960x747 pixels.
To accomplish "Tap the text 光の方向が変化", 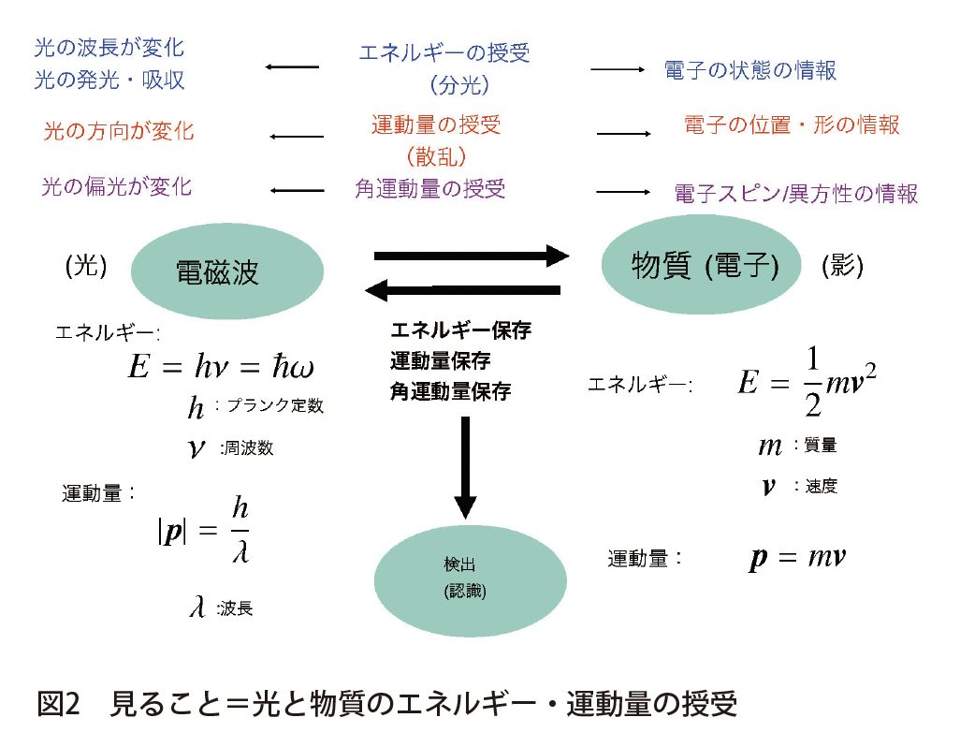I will pos(119,131).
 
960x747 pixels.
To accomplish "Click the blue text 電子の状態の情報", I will pos(749,70).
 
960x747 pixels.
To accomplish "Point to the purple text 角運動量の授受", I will pos(430,189).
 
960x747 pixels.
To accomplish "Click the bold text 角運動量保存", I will pos(450,391).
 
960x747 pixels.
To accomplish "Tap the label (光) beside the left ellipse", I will pos(86,267).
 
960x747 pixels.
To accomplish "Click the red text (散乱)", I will pos(437,155).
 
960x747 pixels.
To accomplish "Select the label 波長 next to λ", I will pos(235,609).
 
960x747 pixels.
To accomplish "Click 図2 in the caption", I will pos(62,704).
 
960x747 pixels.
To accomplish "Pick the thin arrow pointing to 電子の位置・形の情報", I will pos(623,134).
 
